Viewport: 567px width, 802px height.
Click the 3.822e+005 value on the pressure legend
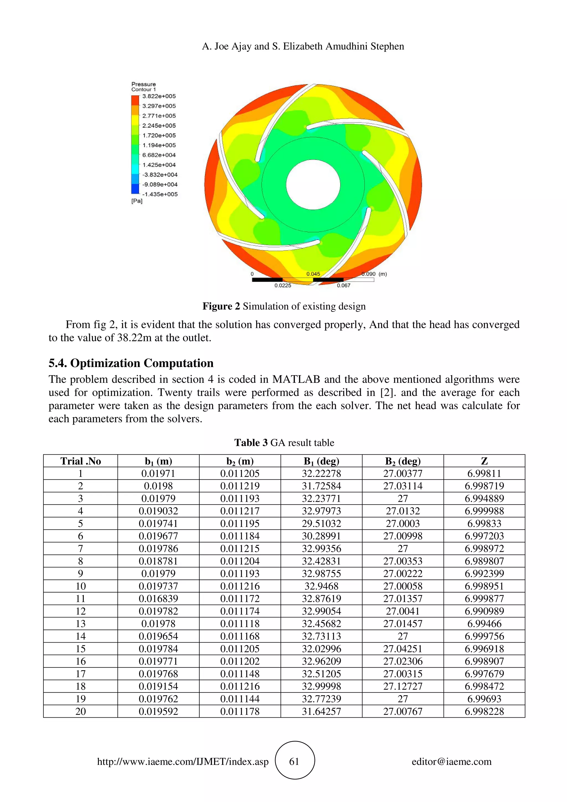(x=159, y=96)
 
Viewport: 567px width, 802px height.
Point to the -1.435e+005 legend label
(x=160, y=194)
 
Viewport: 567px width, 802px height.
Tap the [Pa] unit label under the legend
(x=136, y=201)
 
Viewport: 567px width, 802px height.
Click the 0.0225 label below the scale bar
(x=282, y=285)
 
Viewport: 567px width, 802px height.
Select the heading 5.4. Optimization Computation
(x=131, y=363)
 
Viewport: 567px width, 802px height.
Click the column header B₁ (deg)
(x=321, y=461)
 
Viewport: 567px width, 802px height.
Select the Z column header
(x=484, y=461)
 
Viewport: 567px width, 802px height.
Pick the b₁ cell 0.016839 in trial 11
(x=158, y=599)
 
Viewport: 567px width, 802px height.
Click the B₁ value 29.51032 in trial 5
(x=321, y=524)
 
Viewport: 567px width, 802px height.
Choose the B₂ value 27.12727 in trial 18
(x=403, y=686)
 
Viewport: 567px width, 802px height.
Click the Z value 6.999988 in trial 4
(x=484, y=511)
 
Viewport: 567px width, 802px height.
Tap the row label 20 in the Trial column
(x=80, y=712)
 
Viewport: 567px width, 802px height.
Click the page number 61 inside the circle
(x=294, y=762)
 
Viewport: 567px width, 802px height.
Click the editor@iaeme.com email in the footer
(x=451, y=762)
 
